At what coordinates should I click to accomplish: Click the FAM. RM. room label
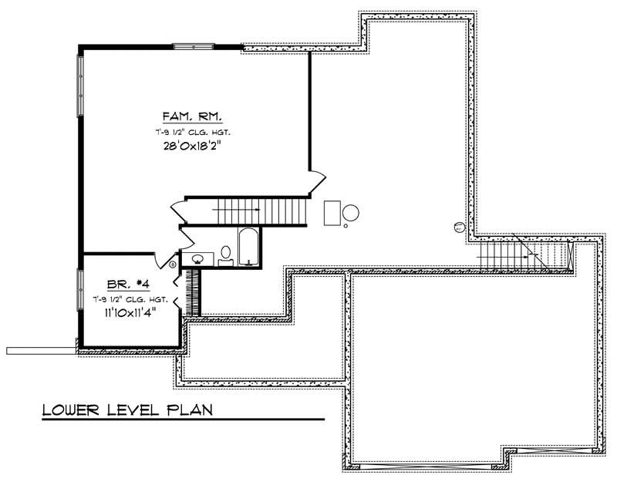point(192,117)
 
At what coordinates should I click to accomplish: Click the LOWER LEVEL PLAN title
point(127,408)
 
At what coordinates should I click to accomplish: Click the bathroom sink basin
point(198,258)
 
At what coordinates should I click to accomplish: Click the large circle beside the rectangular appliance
point(350,213)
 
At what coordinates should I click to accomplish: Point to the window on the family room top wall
point(193,47)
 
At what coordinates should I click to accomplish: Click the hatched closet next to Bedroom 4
point(194,292)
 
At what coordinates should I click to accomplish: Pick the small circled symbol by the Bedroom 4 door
point(173,265)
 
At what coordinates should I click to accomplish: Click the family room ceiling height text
point(192,133)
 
